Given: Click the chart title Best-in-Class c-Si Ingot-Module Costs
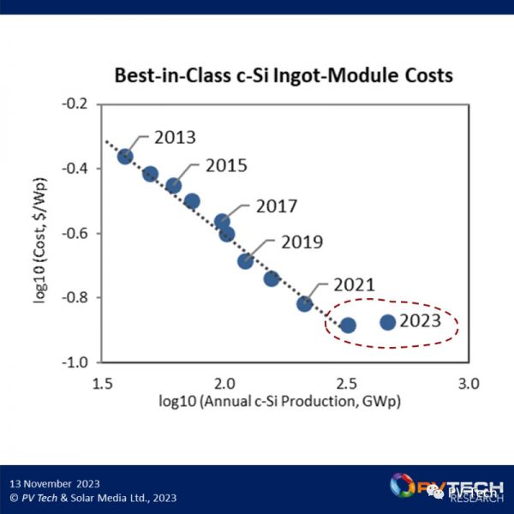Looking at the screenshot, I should [284, 75].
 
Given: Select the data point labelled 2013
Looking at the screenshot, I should [125, 157].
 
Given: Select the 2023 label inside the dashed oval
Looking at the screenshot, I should [419, 321].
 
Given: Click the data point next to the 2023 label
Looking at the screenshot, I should [387, 322].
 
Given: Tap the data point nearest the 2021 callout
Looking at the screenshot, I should [304, 304].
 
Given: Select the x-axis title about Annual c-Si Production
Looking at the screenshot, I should [284, 400].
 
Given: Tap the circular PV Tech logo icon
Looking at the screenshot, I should [402, 486].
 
